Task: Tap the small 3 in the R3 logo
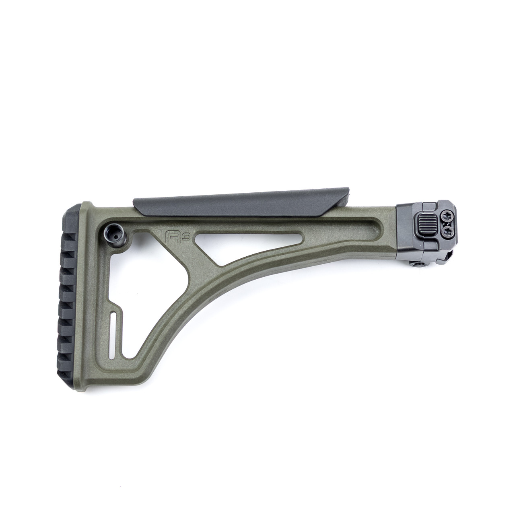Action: pos(178,232)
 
